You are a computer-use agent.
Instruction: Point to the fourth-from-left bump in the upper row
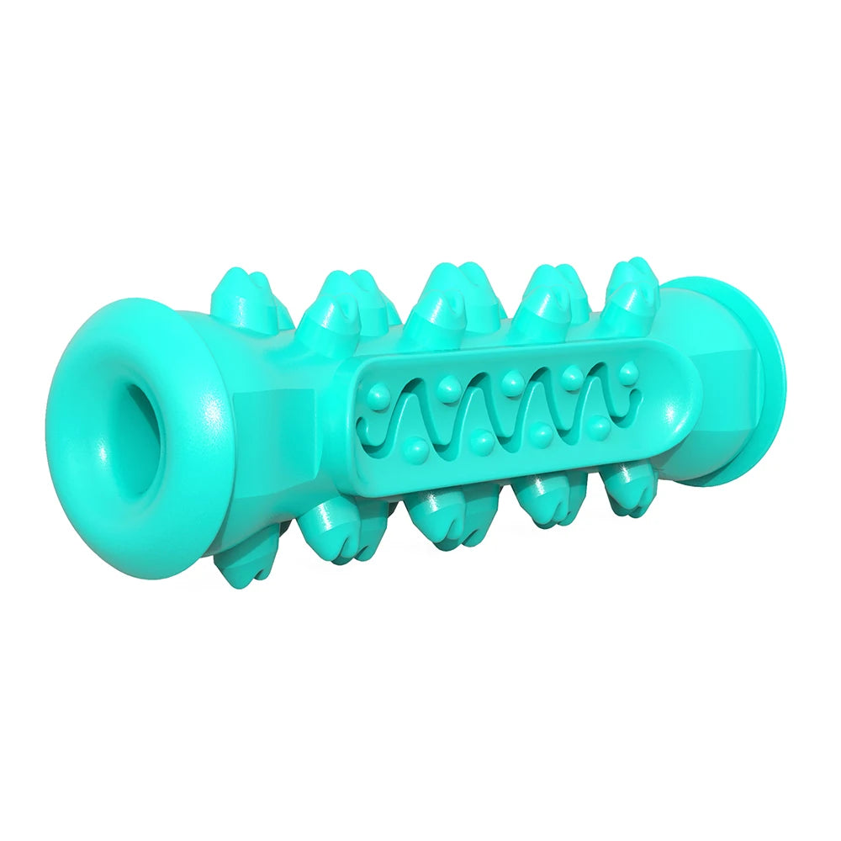click(572, 374)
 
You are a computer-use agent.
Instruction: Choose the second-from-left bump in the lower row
click(481, 439)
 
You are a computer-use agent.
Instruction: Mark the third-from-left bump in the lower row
click(542, 432)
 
